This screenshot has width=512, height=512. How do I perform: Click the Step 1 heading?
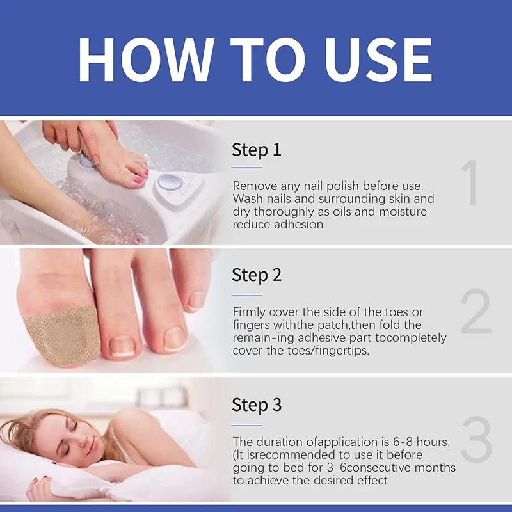(x=256, y=150)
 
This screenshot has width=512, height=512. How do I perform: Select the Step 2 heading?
(x=256, y=275)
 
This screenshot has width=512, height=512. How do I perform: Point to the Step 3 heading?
(x=256, y=404)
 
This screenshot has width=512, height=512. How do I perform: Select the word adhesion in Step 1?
(x=299, y=225)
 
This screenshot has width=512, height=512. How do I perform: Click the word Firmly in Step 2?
(x=250, y=312)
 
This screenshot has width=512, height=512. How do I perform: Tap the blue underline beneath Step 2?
(x=247, y=295)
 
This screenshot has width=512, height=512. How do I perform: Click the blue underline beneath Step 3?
(x=247, y=424)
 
